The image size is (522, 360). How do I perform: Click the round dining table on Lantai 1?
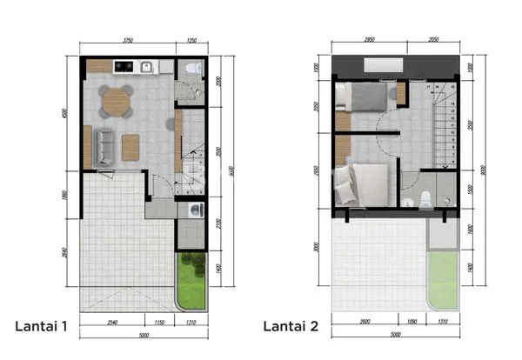pos(114,103)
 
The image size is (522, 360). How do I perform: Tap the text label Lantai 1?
pos(42,326)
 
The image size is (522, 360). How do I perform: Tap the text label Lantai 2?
pos(291,326)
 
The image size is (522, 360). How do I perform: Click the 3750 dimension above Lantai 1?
pos(128,41)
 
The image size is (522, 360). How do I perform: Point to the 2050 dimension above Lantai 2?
pos(432,40)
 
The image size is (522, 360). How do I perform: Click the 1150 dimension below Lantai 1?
pos(160,323)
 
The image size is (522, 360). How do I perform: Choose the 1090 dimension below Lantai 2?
pos(413,323)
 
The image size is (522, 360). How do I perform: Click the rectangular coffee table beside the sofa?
pos(130,145)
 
